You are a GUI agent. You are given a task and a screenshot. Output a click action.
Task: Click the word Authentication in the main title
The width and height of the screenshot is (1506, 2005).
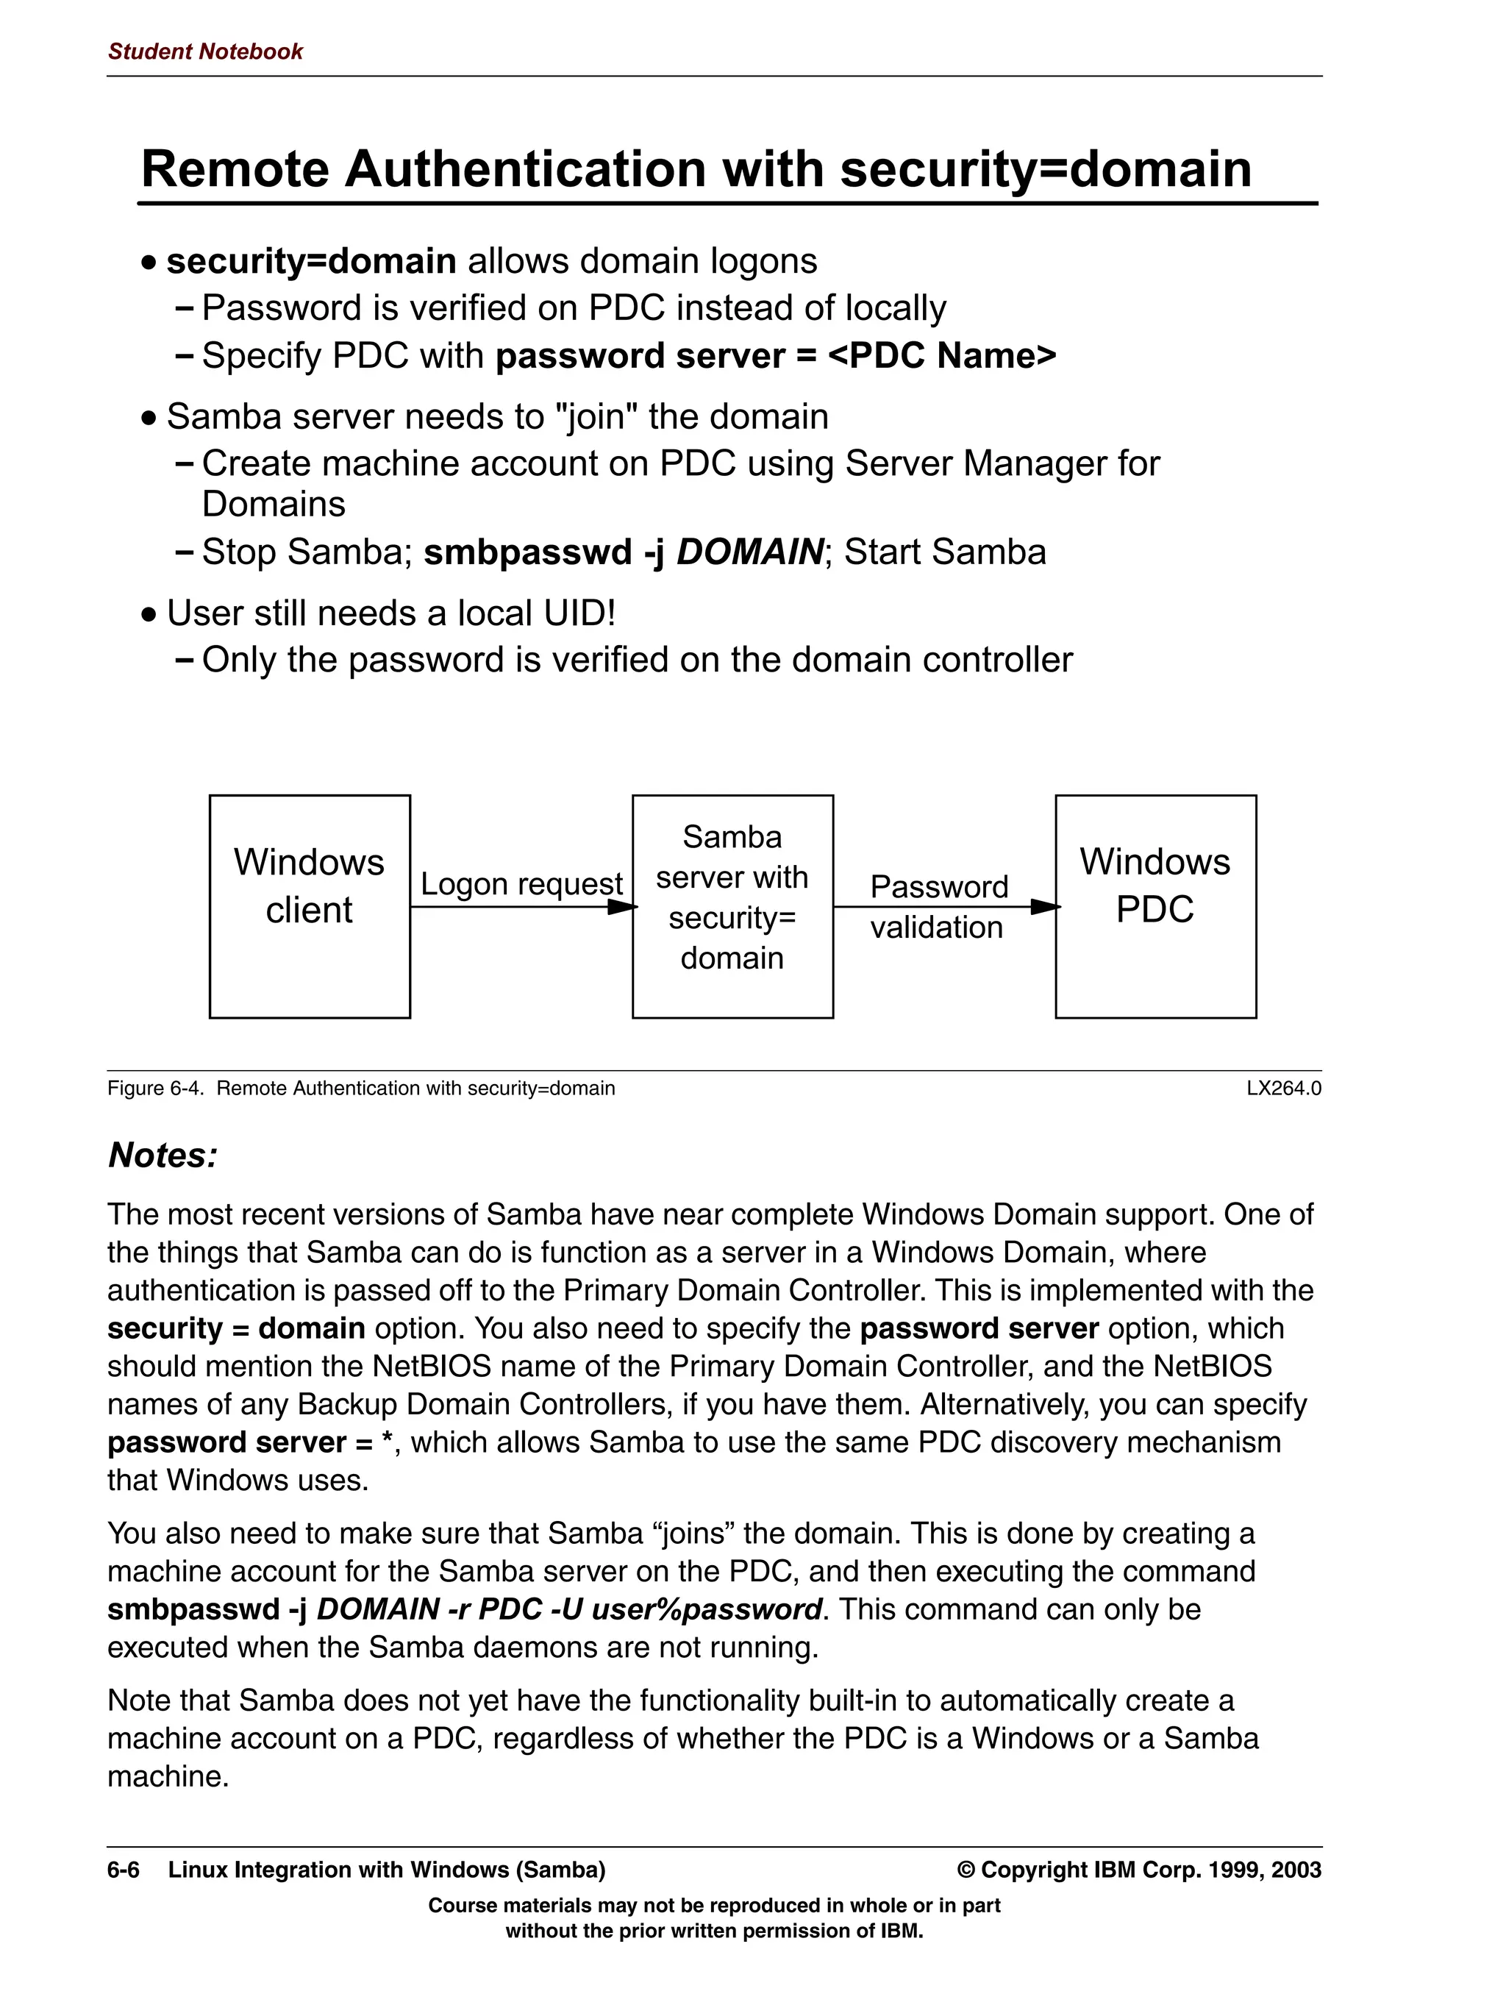pos(524,169)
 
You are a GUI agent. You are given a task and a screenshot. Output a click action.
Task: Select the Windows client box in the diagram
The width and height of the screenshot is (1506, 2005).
pos(309,906)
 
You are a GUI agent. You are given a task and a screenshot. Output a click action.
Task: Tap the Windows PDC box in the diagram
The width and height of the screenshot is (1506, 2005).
pos(1155,906)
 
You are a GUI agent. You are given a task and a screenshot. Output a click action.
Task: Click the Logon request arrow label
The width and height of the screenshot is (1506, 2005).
pos(521,884)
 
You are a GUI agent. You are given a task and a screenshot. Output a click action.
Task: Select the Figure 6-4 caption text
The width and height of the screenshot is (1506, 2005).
pos(360,1088)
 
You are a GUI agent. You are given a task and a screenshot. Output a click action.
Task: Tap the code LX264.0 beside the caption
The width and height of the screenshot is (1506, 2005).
pos(1283,1088)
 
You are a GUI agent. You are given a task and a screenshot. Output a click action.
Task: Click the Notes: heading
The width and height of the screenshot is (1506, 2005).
pos(163,1155)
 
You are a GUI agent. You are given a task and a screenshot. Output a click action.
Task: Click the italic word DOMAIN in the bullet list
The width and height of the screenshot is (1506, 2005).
pos(749,552)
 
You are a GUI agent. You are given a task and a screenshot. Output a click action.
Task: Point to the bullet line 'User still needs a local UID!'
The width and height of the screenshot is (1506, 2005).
pos(390,613)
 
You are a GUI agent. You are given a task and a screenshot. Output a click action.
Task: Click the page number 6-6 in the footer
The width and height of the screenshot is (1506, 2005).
pos(124,1870)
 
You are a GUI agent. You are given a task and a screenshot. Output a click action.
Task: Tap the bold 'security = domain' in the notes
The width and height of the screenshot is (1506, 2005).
pos(235,1329)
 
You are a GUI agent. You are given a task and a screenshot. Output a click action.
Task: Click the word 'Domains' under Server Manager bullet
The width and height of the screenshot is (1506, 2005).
pos(273,504)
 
